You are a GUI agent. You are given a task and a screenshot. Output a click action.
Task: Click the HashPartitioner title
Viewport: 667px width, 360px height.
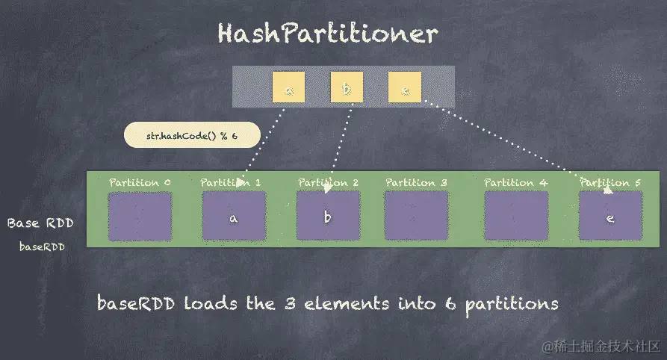click(327, 34)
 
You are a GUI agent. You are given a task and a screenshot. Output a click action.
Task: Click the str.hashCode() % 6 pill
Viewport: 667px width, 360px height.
click(191, 135)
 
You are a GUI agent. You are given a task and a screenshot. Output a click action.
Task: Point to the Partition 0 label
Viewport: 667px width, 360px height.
click(140, 182)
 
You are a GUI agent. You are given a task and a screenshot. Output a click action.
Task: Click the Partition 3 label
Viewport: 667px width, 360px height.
click(416, 182)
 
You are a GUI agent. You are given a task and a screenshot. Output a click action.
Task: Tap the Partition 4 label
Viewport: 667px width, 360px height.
click(515, 182)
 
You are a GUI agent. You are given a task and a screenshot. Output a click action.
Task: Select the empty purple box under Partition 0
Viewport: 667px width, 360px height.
click(140, 217)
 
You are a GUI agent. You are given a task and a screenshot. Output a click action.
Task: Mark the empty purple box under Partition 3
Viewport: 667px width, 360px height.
click(416, 217)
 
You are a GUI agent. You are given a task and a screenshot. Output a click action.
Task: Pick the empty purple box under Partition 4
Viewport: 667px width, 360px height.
click(515, 217)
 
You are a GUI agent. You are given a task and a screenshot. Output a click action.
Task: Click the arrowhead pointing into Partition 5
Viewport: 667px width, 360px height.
click(609, 190)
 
